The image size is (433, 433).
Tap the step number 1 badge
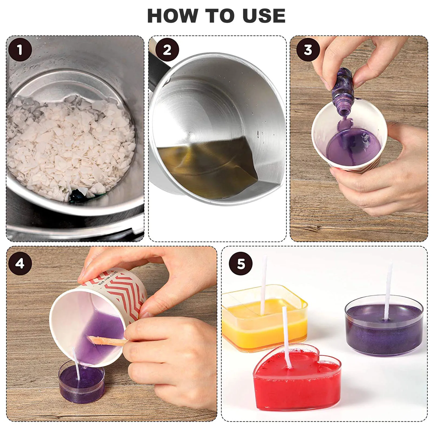click(20, 50)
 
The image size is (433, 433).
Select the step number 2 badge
click(167, 50)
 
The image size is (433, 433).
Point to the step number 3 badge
click(308, 50)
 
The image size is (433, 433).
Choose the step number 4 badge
click(20, 263)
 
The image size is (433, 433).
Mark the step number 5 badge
click(241, 263)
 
